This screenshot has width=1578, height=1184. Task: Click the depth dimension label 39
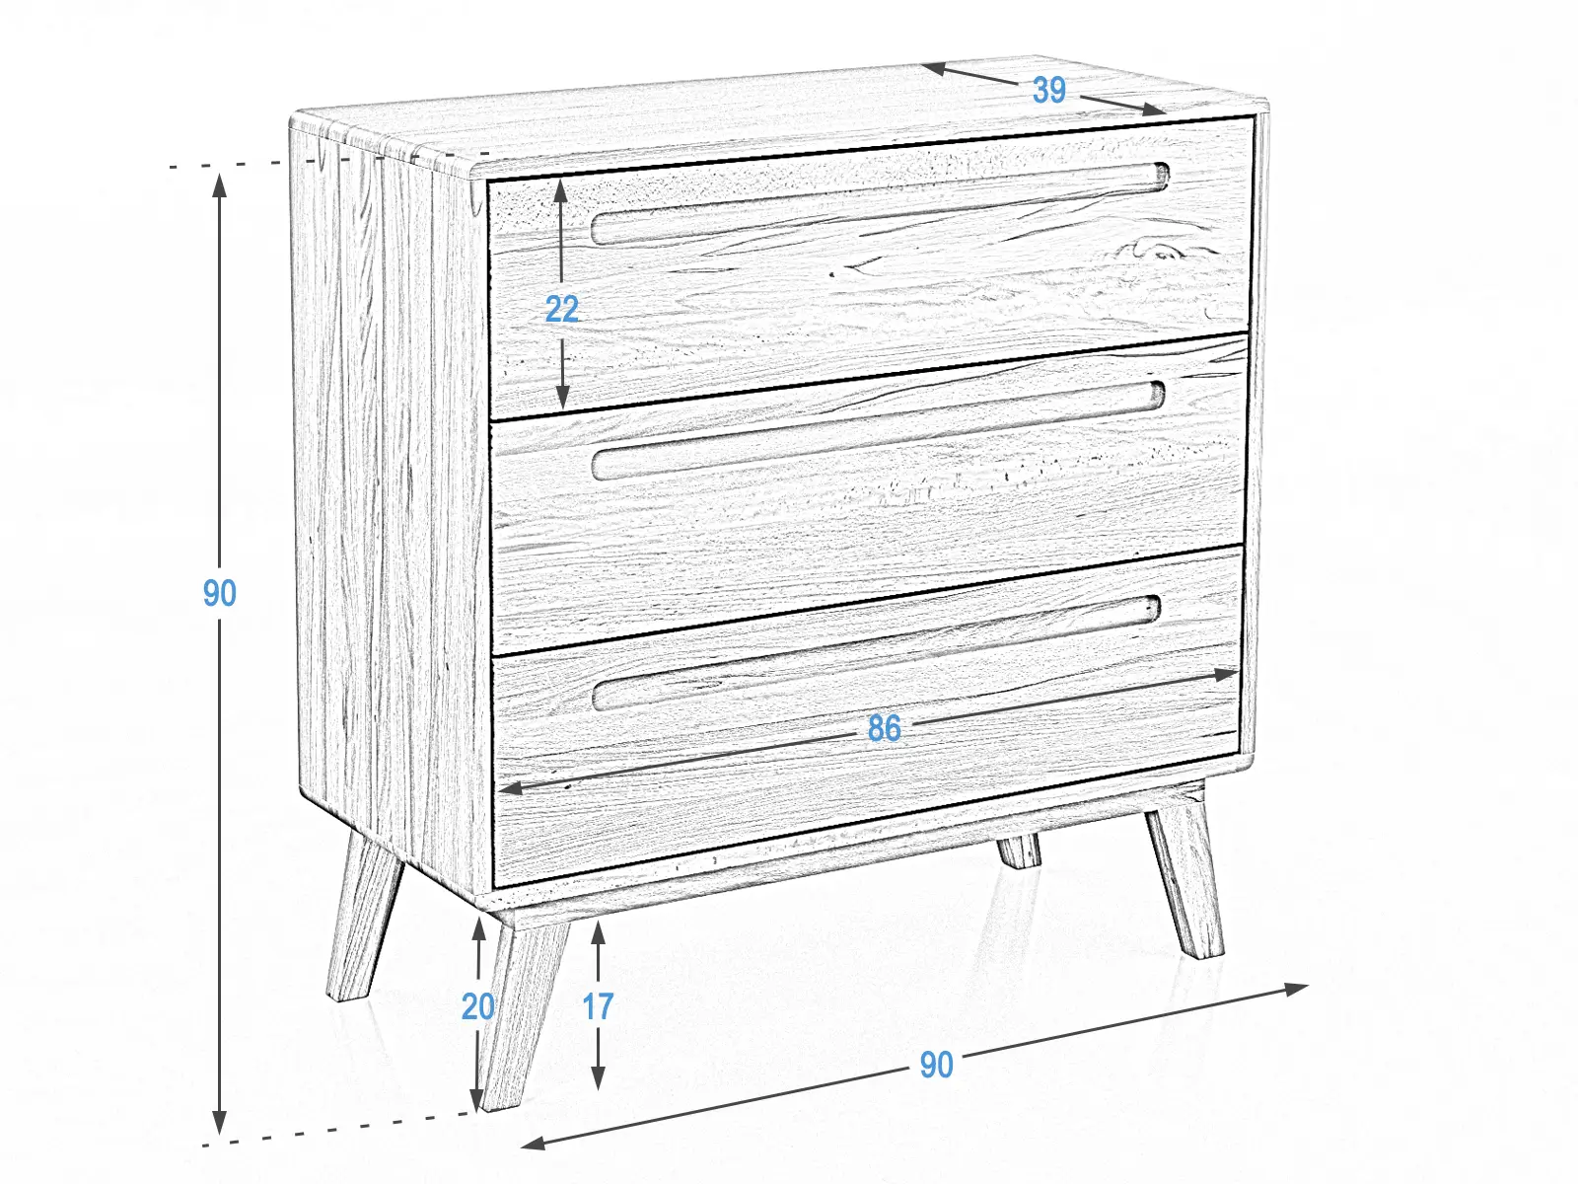[x=1048, y=90]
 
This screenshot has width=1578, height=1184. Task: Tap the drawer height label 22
[x=562, y=310]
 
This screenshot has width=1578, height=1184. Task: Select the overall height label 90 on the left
[x=220, y=593]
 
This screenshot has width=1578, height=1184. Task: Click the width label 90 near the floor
[x=936, y=1065]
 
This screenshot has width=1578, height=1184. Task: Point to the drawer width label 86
[x=884, y=728]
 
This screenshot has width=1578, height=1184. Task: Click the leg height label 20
[x=478, y=1006]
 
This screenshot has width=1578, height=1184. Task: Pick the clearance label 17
[x=598, y=1006]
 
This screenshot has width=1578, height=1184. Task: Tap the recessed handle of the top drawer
[x=878, y=205]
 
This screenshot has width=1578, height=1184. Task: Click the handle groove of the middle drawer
[x=878, y=429]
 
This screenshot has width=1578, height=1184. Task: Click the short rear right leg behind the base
[x=1019, y=851]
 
